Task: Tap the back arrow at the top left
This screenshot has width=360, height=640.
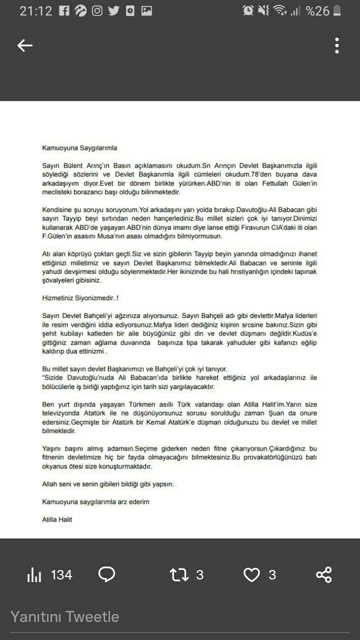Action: tap(25, 45)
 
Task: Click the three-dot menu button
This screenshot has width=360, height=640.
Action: tap(337, 45)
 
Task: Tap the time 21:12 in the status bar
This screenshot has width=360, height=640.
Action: tap(35, 10)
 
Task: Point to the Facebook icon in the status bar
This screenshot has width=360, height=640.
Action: tap(63, 10)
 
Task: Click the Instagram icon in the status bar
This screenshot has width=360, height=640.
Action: tap(97, 10)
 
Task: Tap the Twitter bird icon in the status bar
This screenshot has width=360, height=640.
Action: tap(113, 10)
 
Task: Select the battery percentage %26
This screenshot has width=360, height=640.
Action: tap(317, 10)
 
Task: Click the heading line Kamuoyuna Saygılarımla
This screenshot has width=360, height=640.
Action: tap(79, 147)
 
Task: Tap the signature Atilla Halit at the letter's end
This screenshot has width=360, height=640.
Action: tap(57, 519)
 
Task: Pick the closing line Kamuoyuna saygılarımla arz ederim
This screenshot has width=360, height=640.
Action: tap(95, 501)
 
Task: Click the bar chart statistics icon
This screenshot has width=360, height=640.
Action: tap(34, 575)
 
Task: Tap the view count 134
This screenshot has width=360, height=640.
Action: tap(61, 575)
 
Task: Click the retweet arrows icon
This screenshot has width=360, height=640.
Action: tap(179, 575)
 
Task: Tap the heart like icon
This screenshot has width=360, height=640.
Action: tap(251, 575)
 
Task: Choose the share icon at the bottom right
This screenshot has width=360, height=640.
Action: tap(324, 575)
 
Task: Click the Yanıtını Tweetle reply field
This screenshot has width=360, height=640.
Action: tap(65, 616)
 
